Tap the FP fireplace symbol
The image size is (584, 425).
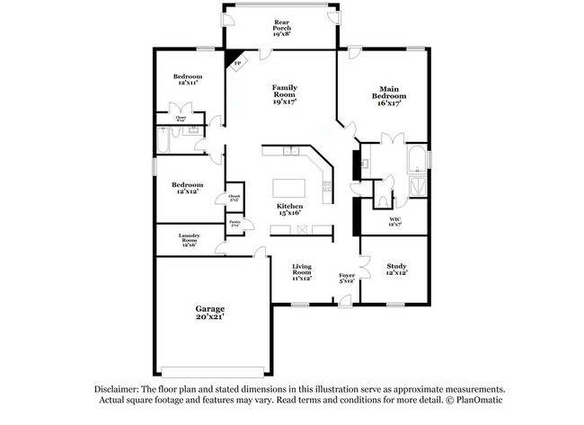tap(236, 62)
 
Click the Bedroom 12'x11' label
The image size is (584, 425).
tap(188, 81)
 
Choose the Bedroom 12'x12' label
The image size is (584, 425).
tap(188, 188)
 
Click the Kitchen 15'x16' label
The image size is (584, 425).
tap(289, 209)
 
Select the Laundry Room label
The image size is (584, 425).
tap(188, 240)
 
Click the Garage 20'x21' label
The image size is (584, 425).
tap(210, 312)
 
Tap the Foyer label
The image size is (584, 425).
tap(347, 278)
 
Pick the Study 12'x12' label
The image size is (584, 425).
tap(396, 269)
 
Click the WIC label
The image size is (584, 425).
tap(394, 222)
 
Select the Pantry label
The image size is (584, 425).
tap(234, 223)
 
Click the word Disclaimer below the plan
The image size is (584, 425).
tap(119, 388)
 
